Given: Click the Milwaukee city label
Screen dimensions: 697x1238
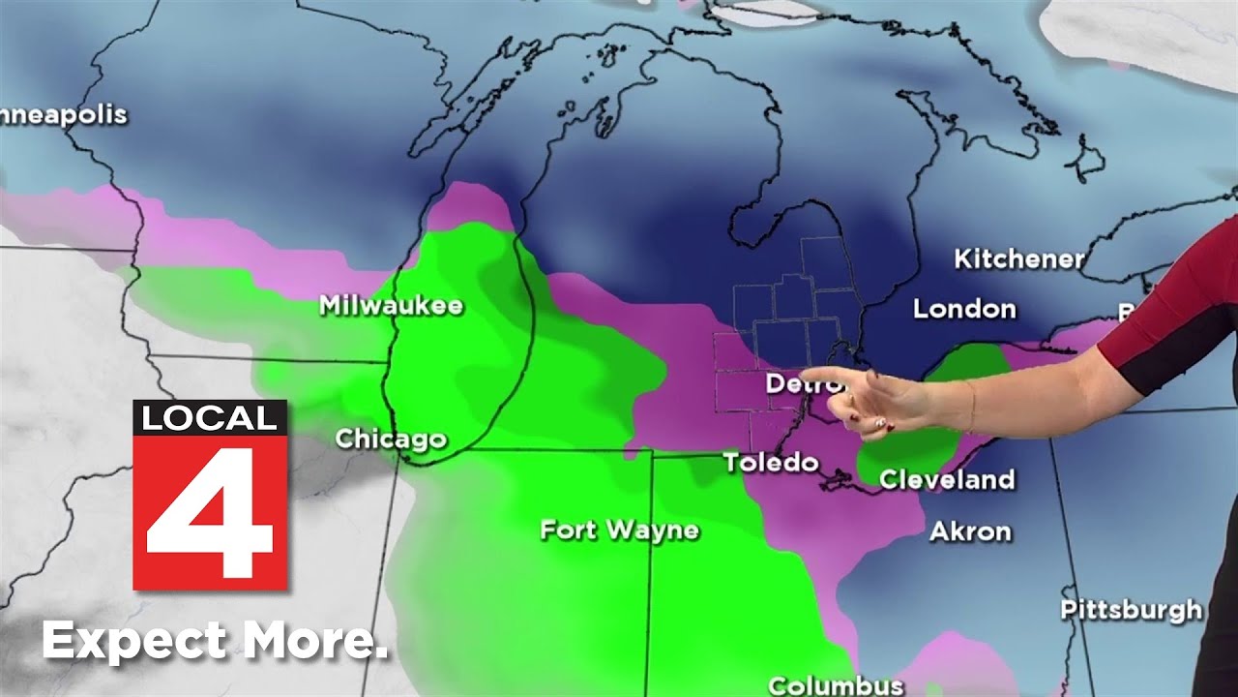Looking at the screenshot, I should click(391, 306).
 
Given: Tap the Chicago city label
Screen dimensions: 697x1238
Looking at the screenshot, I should click(391, 439).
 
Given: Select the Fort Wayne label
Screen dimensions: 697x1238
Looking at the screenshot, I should click(619, 530).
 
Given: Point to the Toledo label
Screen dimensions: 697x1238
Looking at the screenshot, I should click(771, 462).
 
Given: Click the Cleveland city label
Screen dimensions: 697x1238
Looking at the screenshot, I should click(947, 479).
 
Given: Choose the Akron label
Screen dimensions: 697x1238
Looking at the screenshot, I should click(970, 530).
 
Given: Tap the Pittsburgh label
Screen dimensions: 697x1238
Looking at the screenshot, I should click(1131, 610).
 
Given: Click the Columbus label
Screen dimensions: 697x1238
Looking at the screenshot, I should click(836, 685).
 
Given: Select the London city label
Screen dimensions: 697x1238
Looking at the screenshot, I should click(964, 309).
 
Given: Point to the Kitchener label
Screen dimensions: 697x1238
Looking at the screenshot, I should click(1018, 258).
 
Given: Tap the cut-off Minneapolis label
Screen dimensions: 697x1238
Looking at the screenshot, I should click(63, 114).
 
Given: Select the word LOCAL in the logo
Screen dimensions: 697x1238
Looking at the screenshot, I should click(210, 418).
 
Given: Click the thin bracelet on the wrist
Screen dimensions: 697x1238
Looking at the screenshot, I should click(968, 404).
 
